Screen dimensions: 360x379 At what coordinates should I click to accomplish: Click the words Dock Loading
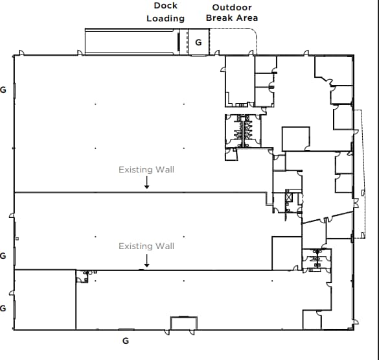tap(165, 12)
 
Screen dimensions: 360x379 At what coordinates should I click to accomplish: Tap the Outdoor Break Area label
tap(232, 12)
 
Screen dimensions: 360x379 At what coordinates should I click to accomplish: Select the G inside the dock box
tap(198, 42)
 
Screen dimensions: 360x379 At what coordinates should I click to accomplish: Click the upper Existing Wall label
tap(146, 170)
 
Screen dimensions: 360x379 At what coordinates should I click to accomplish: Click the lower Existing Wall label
tap(146, 246)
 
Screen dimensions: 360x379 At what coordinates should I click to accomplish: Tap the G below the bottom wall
tap(126, 340)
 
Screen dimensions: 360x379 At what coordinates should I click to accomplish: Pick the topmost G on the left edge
tap(3, 90)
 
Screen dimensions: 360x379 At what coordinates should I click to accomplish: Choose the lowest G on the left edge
tap(3, 307)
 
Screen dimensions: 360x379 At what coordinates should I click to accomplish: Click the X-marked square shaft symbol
tap(288, 198)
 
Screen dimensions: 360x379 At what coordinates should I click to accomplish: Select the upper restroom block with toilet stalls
tap(244, 130)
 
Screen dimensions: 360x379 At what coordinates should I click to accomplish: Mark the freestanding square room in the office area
tap(295, 138)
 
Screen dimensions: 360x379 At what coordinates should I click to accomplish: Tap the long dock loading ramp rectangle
tap(132, 41)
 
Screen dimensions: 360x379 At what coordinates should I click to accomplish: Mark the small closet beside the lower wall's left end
tap(82, 277)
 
